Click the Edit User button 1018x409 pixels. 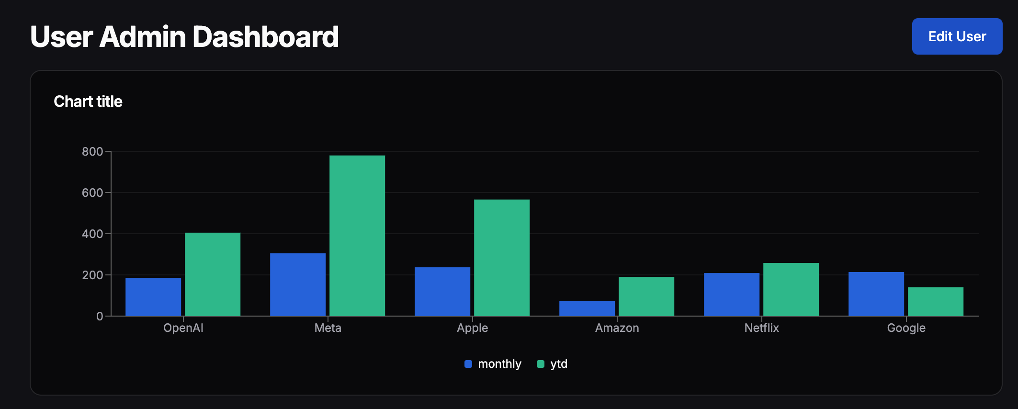click(957, 36)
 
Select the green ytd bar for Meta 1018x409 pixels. click(357, 236)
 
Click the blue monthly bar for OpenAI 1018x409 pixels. click(153, 296)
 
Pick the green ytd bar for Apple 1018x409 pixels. click(501, 258)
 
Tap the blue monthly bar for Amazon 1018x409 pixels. click(587, 308)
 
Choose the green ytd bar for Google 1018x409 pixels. click(935, 301)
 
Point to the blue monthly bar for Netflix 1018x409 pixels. click(731, 294)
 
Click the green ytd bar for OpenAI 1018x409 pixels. click(212, 274)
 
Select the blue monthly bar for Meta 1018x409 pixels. click(297, 284)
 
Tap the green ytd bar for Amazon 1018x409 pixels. click(646, 296)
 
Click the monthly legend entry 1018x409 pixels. click(493, 364)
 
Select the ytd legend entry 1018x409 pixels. click(553, 364)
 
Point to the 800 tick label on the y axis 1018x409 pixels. click(92, 152)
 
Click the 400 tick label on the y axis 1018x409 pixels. click(92, 234)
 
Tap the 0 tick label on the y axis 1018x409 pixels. click(100, 316)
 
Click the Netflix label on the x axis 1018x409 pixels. click(761, 328)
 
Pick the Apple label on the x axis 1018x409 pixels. click(472, 328)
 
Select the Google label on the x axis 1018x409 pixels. click(906, 328)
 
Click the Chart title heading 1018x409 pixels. click(88, 102)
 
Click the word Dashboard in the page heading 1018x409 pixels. click(265, 37)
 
